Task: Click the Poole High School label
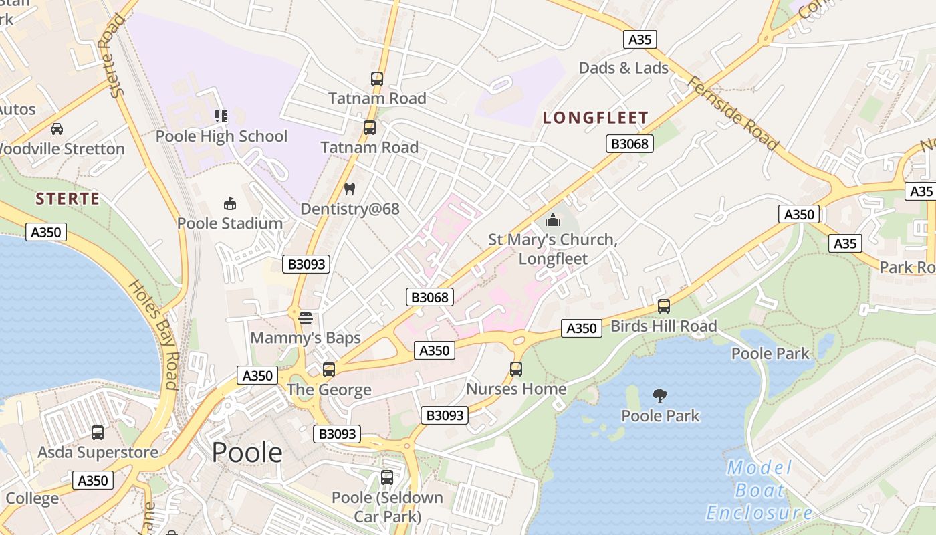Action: (x=221, y=136)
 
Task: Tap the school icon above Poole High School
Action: (x=221, y=116)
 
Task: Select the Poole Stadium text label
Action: (x=230, y=223)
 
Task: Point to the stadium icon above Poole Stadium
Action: (x=229, y=203)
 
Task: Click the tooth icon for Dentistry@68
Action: (x=349, y=189)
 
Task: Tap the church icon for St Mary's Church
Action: (x=553, y=219)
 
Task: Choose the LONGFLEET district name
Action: (x=595, y=118)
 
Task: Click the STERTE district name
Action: (x=68, y=199)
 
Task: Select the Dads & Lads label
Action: (x=623, y=68)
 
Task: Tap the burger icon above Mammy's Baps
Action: (x=306, y=318)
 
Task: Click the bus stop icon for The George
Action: (x=328, y=369)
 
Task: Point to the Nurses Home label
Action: (x=516, y=389)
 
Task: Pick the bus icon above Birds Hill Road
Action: (x=664, y=306)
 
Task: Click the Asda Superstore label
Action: (x=98, y=452)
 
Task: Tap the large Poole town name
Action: (x=247, y=453)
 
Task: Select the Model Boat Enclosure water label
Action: (x=759, y=490)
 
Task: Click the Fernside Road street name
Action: (x=733, y=114)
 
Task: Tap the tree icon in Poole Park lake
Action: (x=660, y=396)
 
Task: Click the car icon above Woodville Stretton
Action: (x=57, y=128)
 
